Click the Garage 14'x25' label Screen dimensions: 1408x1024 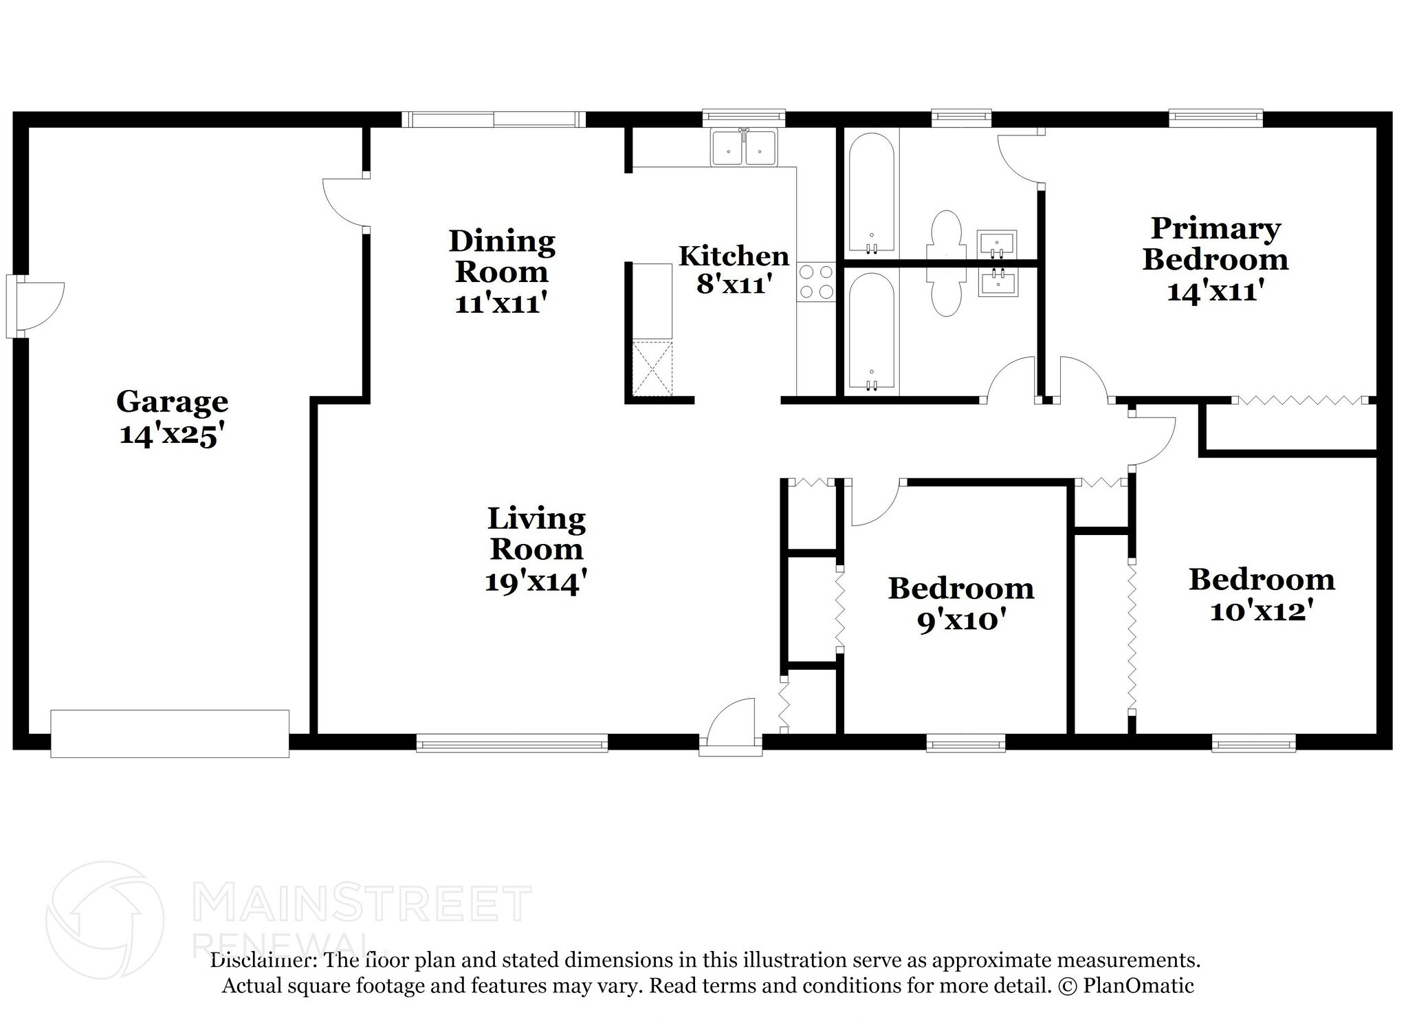tap(172, 418)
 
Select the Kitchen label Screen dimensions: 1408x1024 tap(734, 256)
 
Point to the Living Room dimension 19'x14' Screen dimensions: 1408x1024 tap(536, 581)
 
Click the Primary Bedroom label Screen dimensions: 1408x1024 tap(1215, 243)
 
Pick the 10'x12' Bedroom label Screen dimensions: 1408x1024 tap(1262, 595)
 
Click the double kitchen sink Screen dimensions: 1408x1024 tap(744, 147)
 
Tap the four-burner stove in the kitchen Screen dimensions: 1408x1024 tap(816, 282)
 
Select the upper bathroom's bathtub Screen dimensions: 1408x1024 tap(871, 192)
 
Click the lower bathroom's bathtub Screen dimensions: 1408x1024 tap(871, 334)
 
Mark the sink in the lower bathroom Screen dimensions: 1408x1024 tap(997, 283)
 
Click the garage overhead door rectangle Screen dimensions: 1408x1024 tap(170, 734)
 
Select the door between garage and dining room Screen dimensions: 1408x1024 tap(346, 201)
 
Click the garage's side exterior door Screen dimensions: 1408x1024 tap(36, 307)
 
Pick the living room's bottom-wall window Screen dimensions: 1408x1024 tap(512, 743)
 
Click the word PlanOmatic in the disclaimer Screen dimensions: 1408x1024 tap(1138, 985)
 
